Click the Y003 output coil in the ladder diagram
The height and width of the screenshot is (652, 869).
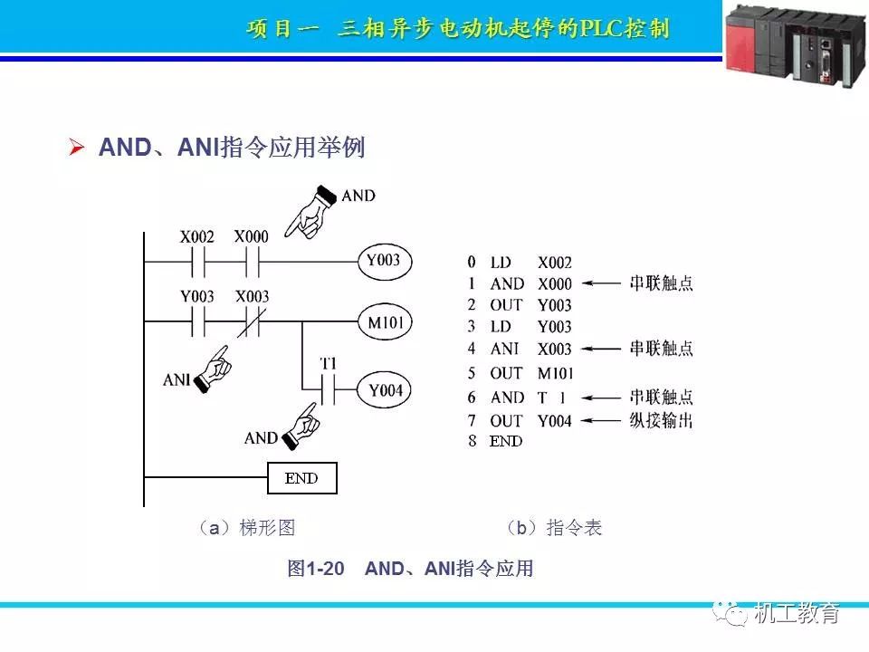coord(383,263)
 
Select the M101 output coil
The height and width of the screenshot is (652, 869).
coord(385,321)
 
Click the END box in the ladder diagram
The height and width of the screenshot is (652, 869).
coord(301,477)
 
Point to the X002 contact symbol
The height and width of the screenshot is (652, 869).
coord(197,263)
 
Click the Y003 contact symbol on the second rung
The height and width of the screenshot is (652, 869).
coord(197,321)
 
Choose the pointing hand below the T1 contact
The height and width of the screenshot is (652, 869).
coord(301,426)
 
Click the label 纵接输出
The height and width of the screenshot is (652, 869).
coord(661,420)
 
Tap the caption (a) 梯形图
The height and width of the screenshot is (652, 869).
coord(246,528)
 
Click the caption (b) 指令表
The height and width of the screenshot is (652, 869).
coord(553,528)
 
